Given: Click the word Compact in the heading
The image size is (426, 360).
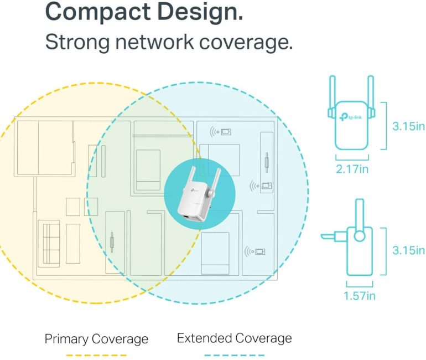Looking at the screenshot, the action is click(98, 12).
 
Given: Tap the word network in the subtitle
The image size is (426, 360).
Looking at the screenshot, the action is click(154, 42).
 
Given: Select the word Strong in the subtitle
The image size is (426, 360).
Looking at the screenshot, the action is click(77, 43).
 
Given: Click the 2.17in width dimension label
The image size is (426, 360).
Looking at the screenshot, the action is click(352, 169).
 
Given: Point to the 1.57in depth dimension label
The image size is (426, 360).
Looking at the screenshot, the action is click(360, 296).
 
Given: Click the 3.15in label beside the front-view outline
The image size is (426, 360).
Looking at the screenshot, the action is click(408, 126).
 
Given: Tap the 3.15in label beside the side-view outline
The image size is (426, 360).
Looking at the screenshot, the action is click(408, 250).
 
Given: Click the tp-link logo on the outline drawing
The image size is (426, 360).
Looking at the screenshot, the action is click(351, 117).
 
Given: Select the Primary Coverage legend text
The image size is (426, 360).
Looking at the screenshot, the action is click(96, 340).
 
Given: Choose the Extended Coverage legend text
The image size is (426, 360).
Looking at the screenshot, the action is click(235, 338).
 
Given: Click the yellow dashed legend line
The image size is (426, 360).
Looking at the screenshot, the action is click(96, 355).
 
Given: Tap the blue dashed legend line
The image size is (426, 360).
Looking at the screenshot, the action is click(234, 355).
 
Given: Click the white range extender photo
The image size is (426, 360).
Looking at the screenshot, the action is click(199, 194).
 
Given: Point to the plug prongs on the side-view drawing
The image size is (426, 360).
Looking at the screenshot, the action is click(334, 236).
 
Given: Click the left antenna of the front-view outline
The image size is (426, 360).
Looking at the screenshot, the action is click(333, 96).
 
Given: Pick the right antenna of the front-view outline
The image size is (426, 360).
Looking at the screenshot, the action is click(371, 96).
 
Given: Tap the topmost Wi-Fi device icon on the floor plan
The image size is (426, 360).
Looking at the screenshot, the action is click(220, 132).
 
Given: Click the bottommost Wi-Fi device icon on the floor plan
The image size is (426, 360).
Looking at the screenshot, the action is click(254, 251).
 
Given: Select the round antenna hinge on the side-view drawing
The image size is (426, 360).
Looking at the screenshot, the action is click(360, 235).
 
